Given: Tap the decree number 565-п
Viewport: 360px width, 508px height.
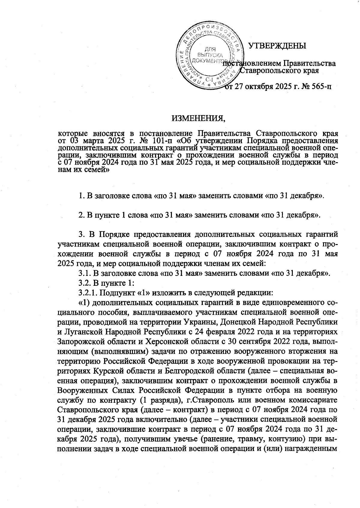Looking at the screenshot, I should (318, 87).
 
